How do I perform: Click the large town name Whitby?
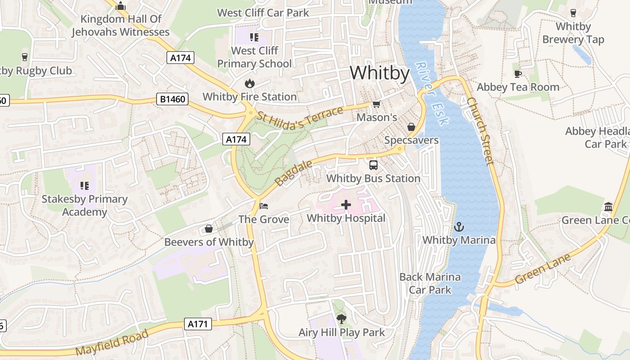tap(380, 73)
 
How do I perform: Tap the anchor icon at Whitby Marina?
tap(459, 227)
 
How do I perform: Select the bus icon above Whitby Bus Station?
tap(373, 165)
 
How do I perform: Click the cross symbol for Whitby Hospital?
tap(346, 205)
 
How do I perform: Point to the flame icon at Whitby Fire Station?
tap(249, 83)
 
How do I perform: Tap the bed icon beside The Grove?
tap(264, 206)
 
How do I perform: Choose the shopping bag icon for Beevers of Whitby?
tap(209, 229)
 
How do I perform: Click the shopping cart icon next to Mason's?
tap(376, 104)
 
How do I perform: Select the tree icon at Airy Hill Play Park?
tap(342, 319)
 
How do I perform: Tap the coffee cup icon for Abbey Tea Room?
tap(517, 74)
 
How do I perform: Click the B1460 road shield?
tap(172, 99)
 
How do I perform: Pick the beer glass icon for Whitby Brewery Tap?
tap(573, 13)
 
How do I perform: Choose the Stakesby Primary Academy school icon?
tap(84, 185)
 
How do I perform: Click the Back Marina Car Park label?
tap(430, 283)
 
